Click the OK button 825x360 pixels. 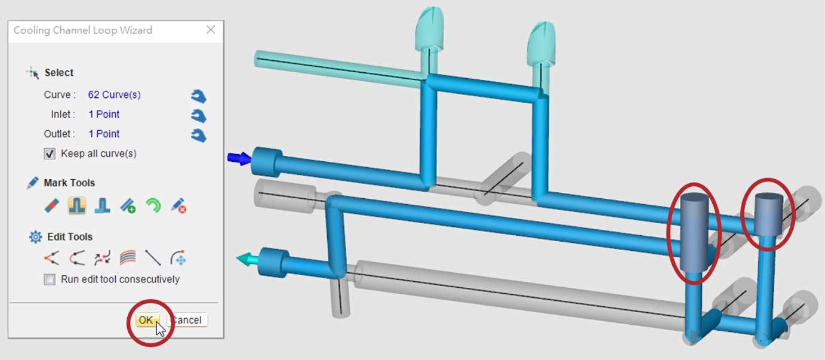[x=146, y=320]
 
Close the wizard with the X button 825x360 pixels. [x=211, y=30]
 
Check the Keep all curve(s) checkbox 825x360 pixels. [x=50, y=153]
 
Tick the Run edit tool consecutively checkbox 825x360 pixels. [x=50, y=279]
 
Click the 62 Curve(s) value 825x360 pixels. [x=114, y=95]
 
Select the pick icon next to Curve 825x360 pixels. [x=199, y=96]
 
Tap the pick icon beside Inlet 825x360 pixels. [x=199, y=116]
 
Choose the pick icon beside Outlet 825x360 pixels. [x=199, y=136]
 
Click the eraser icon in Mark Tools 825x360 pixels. [x=51, y=206]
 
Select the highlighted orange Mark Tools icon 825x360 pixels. [x=77, y=205]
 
